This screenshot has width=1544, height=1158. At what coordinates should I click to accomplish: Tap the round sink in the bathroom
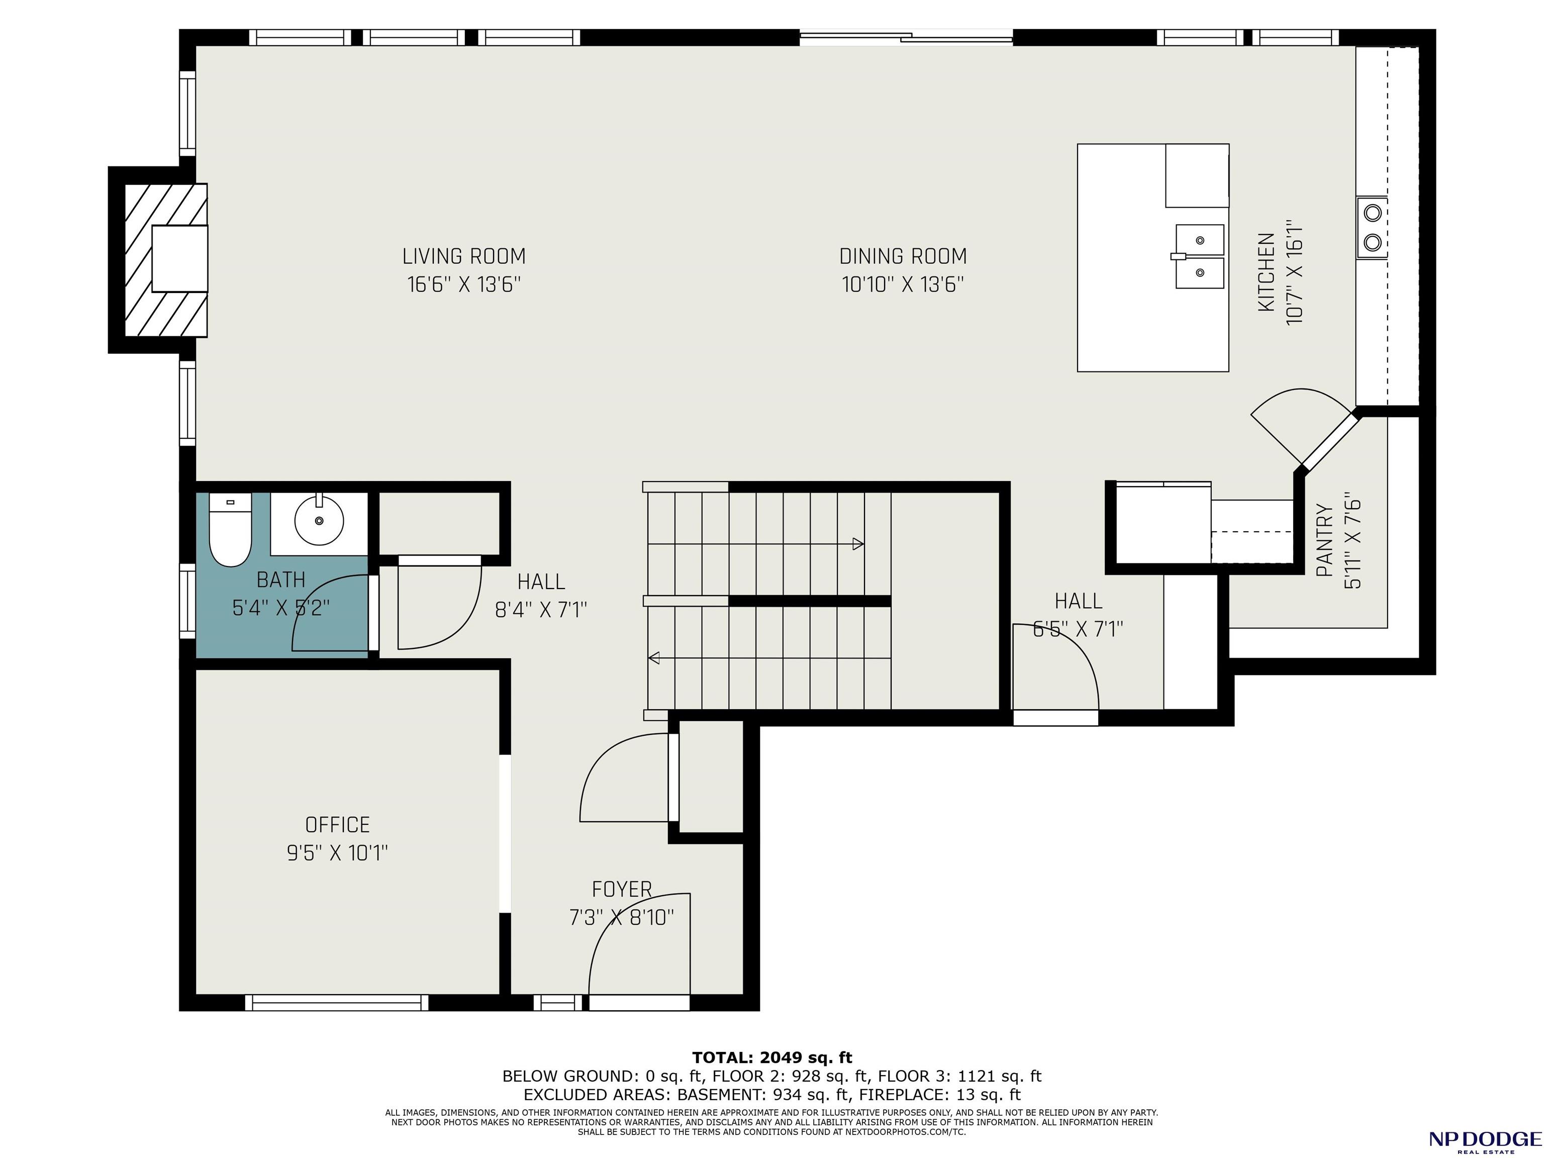(319, 521)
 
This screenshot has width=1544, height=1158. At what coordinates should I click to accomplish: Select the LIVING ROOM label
(464, 256)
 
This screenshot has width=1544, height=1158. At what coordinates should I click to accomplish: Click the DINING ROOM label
(903, 256)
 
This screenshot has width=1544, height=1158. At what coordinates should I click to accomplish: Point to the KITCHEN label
(1266, 272)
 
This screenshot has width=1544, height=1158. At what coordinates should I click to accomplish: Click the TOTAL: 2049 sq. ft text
(772, 1058)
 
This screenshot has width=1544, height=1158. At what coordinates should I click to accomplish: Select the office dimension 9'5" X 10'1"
(337, 853)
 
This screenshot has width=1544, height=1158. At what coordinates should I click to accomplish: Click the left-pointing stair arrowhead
(654, 657)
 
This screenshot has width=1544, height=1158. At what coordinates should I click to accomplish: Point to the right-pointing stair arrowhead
(858, 544)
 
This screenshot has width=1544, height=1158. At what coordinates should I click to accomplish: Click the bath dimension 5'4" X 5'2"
(280, 608)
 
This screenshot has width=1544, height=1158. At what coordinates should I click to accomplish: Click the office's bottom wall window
(337, 1002)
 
